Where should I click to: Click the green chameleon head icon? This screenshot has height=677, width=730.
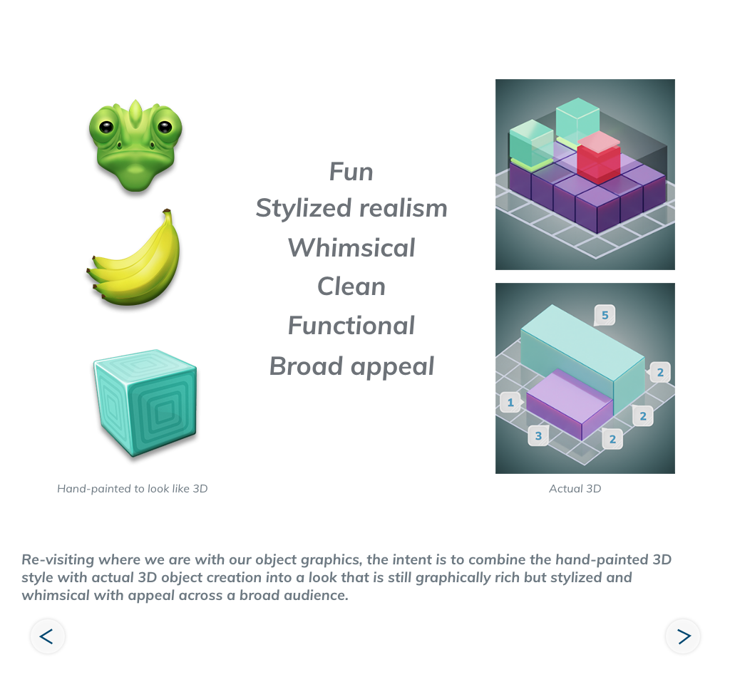[135, 145]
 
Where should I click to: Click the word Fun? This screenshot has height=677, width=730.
[351, 172]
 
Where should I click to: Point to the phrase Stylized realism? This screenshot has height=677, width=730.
[351, 208]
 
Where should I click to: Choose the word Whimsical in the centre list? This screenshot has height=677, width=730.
[351, 248]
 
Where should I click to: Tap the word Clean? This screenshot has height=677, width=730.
[351, 286]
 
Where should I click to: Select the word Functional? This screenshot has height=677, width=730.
[351, 326]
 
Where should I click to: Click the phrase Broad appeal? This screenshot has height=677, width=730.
[351, 366]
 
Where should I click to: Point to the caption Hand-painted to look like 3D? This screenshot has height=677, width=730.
[133, 489]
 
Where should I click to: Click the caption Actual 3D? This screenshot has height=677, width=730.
[575, 489]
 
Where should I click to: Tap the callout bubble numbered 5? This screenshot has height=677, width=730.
[605, 315]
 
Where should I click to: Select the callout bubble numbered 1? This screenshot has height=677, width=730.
[510, 403]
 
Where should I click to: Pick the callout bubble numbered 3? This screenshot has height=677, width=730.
[538, 435]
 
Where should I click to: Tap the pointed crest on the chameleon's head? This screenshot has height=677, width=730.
[135, 112]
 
